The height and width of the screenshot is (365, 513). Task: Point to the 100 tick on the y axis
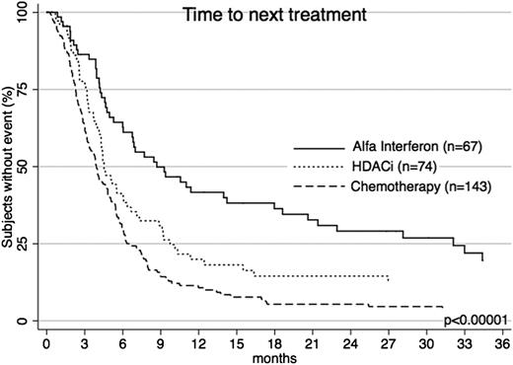pos(20,12)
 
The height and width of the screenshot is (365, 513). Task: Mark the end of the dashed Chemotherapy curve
pos(443,307)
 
